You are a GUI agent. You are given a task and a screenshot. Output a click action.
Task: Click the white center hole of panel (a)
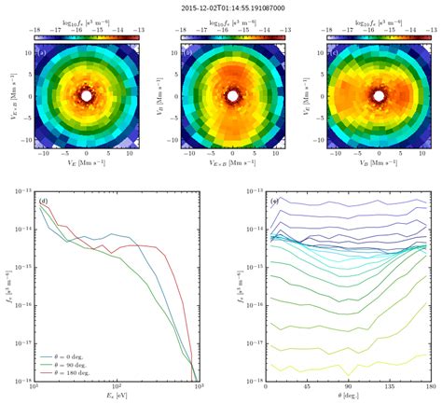(x=87, y=96)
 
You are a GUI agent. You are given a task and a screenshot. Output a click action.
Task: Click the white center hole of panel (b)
(x=233, y=96)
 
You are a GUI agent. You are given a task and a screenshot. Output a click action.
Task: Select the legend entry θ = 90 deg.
(x=73, y=365)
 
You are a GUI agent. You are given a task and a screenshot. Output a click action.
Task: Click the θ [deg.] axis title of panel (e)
(x=347, y=398)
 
